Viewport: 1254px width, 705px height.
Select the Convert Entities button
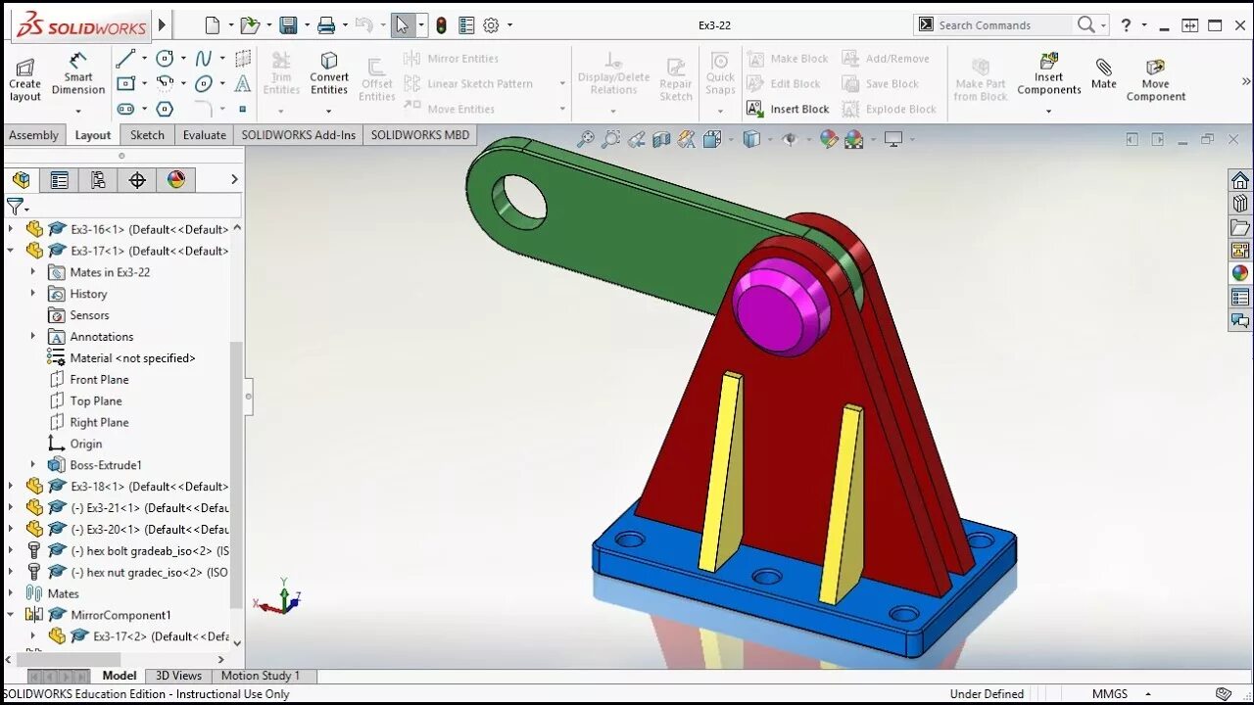pos(329,74)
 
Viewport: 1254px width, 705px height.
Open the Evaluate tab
pos(204,135)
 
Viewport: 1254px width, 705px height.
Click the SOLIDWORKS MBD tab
pos(419,135)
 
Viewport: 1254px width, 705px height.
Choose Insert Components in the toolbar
pos(1048,75)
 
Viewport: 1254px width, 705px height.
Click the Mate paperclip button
pos(1104,73)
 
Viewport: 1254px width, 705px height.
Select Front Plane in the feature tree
pos(99,380)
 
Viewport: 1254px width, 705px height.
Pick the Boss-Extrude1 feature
pos(105,465)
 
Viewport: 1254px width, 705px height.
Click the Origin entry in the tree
pos(86,444)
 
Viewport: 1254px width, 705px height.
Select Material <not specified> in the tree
pos(132,358)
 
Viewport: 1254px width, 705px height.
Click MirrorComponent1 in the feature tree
pos(121,615)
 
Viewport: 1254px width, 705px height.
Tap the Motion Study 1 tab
pos(260,676)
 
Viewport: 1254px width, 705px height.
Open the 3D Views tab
pos(178,676)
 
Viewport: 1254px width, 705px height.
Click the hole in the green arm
pos(524,197)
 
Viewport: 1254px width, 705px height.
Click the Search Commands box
pos(999,25)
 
